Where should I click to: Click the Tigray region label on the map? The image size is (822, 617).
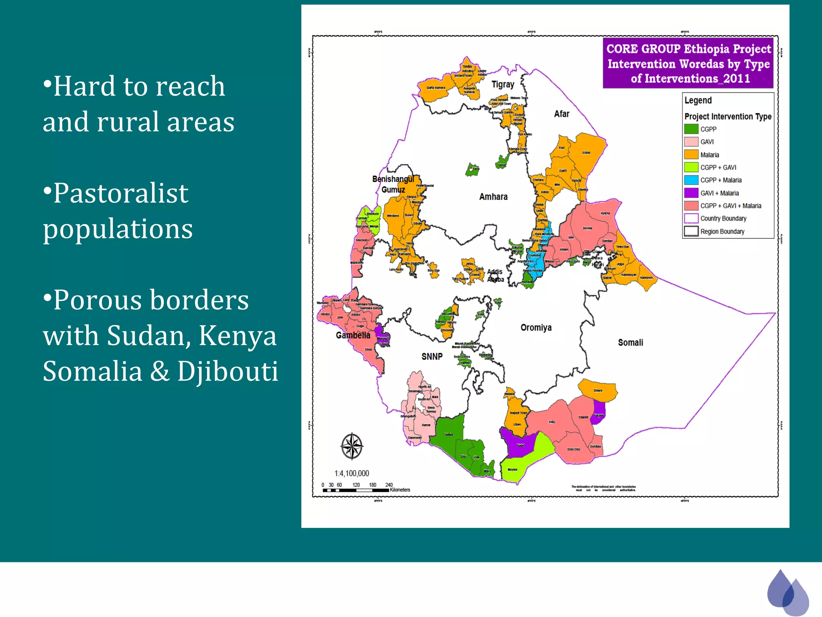coord(503,84)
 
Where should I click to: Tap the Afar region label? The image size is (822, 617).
coord(562,114)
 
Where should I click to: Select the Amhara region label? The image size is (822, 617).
coord(493,197)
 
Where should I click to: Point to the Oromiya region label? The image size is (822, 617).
coord(536,328)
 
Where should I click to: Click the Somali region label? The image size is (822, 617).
coord(630,343)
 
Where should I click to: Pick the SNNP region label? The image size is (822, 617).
coord(432,357)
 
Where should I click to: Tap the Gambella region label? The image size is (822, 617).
coord(353,335)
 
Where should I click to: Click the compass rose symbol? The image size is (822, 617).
coord(352,446)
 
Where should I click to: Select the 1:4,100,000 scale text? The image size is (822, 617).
coord(352,474)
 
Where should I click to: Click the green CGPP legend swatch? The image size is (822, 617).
coord(691,129)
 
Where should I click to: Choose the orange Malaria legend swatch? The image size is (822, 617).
coord(691,155)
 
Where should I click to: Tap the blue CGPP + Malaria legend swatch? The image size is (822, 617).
coord(691,180)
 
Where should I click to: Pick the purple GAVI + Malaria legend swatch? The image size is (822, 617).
coord(691,193)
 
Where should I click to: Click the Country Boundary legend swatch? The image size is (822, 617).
coord(691,219)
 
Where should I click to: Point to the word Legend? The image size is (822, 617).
coord(698,100)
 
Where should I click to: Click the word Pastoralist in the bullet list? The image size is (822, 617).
coord(121,193)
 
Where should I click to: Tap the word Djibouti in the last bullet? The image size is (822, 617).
coord(228,371)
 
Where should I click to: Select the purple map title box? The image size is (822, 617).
coord(688,63)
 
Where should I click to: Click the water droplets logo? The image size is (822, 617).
coord(787,592)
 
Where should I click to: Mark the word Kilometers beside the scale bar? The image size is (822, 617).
coord(400,490)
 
